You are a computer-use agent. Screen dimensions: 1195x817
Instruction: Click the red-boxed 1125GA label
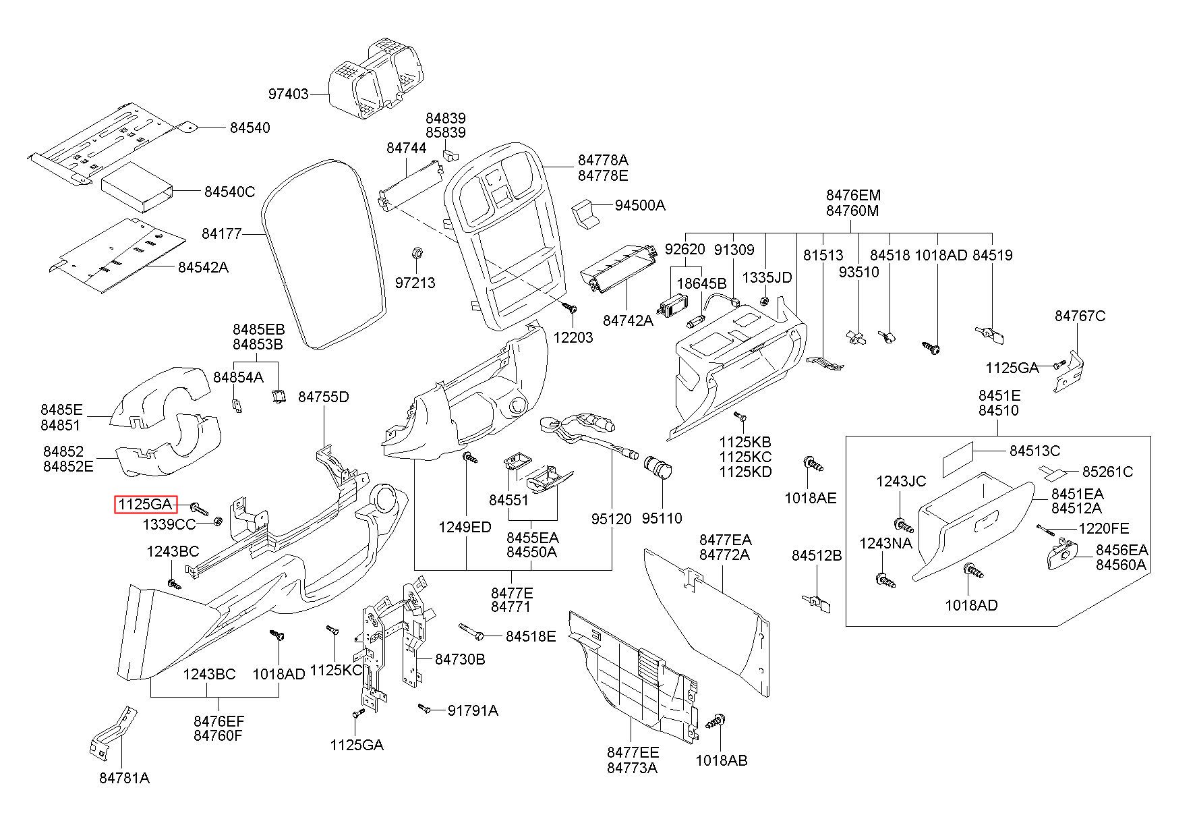tap(145, 503)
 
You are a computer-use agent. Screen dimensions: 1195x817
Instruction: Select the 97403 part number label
tap(289, 94)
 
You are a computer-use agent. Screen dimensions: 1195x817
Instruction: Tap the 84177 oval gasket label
tap(222, 234)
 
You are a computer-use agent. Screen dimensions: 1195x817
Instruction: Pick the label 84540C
tap(230, 192)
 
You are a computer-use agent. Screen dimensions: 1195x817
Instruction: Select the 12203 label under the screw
tap(573, 337)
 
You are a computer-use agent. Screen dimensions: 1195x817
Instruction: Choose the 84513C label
tap(1035, 451)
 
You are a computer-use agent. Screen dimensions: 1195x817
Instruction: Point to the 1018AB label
tap(722, 761)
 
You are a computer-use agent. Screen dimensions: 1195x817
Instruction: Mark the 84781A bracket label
tap(125, 778)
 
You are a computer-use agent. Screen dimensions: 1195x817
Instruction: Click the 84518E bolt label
tap(531, 636)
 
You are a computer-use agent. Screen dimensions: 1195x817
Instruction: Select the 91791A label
tap(473, 710)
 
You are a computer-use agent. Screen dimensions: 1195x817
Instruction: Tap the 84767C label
tap(1080, 316)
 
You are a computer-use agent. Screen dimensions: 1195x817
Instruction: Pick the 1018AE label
tap(811, 498)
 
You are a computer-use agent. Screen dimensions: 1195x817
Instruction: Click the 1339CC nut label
tap(169, 524)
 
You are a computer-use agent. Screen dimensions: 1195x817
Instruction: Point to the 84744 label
tap(407, 148)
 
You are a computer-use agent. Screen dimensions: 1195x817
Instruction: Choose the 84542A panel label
tap(203, 267)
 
